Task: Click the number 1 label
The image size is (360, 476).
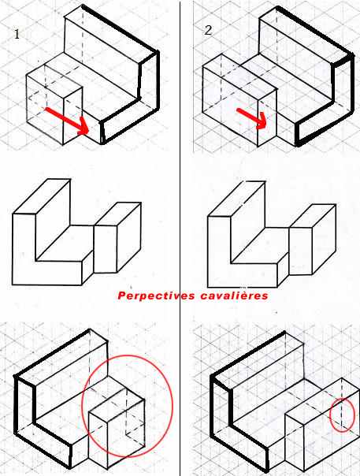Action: click(x=17, y=34)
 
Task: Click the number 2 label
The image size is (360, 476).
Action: click(x=208, y=31)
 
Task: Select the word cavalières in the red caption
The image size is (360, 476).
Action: click(x=234, y=296)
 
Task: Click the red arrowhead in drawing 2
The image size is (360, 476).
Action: click(x=261, y=121)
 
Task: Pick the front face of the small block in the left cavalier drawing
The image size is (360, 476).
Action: click(x=106, y=249)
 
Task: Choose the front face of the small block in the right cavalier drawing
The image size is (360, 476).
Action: click(x=300, y=251)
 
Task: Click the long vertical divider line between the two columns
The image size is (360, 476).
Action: click(x=180, y=238)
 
